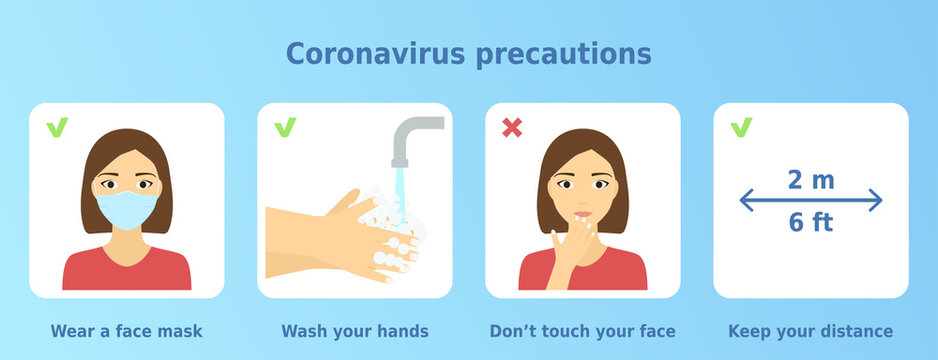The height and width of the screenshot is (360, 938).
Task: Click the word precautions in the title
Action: tap(564, 54)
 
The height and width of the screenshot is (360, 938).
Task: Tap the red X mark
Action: tap(512, 127)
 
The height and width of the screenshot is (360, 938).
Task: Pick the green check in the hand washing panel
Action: tap(285, 127)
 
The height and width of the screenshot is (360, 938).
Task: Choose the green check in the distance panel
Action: tap(741, 127)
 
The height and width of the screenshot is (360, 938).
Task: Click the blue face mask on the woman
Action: tap(126, 211)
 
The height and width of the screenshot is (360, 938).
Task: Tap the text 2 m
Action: tap(810, 180)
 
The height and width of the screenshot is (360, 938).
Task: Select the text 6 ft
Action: tap(810, 222)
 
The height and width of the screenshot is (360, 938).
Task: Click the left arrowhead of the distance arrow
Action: tap(746, 201)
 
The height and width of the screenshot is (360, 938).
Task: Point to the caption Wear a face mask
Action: tap(126, 331)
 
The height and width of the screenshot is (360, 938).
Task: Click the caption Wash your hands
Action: tap(355, 331)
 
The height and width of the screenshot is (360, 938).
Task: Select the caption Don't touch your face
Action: tap(583, 331)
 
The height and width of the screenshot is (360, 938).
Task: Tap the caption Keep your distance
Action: tap(810, 331)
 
